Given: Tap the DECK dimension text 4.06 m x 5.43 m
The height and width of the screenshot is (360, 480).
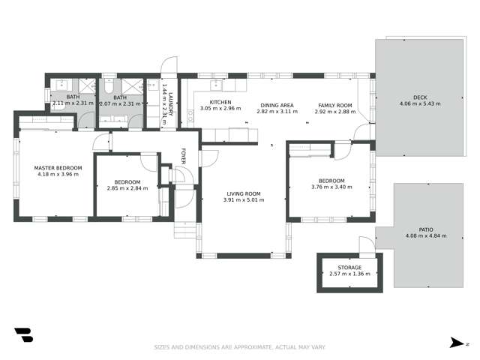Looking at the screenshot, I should tap(419, 103).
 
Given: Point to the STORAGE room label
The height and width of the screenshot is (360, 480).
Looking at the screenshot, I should tap(349, 267).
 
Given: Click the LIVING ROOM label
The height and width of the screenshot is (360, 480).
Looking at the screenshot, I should tap(242, 193).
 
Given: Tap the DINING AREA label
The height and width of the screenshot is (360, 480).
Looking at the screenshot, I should tap(276, 105).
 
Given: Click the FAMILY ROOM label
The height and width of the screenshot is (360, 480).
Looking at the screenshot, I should tap(334, 105).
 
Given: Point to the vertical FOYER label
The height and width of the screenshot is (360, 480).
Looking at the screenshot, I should tap(182, 156).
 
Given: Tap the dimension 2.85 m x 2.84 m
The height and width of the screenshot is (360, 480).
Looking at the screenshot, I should tap(127, 187).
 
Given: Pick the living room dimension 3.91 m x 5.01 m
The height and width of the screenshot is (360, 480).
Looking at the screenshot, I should tap(242, 200).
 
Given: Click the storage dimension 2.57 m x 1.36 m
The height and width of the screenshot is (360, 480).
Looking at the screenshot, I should tap(349, 274).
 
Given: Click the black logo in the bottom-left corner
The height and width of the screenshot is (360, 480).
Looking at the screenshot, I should tap(23, 335).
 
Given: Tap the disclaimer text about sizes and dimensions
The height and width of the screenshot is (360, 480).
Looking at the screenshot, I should tap(239, 347).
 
